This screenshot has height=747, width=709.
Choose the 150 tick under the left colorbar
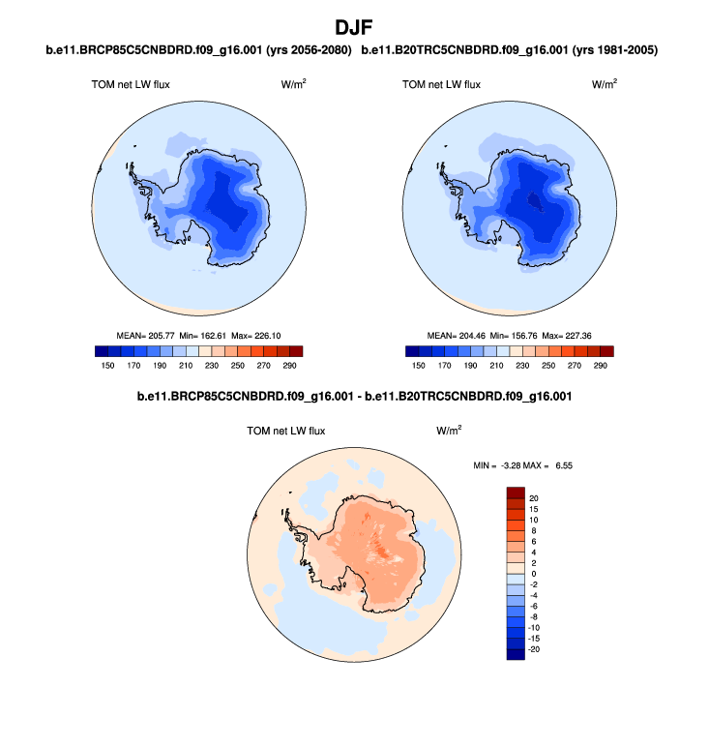107,366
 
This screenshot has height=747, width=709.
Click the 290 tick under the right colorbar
601,366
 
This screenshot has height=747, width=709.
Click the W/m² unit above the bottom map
448,430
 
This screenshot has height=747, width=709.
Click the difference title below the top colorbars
354,397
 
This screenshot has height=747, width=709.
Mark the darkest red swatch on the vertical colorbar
516,493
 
